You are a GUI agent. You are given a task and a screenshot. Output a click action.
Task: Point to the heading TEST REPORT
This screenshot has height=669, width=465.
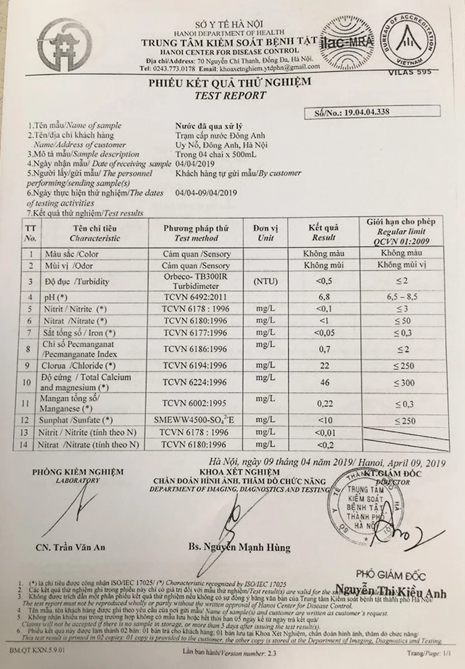click(230, 95)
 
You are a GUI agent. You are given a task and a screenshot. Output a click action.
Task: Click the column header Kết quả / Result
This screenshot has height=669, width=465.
click(323, 233)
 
